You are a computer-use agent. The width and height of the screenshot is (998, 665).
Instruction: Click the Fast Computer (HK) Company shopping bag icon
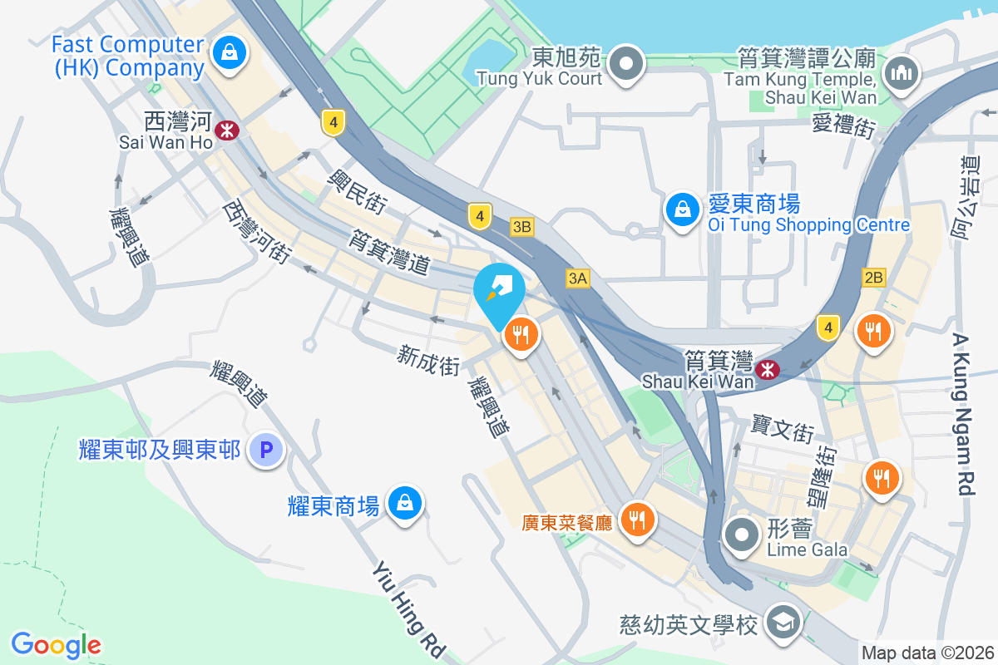(227, 52)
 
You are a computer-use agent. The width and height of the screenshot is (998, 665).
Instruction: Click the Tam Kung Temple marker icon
(900, 74)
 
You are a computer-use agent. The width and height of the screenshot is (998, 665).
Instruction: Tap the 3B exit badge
(521, 226)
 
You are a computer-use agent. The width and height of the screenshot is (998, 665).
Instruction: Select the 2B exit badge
(873, 278)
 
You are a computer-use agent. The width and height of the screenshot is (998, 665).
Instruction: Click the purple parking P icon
(266, 451)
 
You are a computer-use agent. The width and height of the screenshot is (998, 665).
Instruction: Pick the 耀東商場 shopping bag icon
(403, 502)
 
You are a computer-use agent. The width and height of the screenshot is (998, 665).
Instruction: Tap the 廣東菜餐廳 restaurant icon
(638, 520)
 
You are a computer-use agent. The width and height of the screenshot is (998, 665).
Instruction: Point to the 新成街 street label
(428, 361)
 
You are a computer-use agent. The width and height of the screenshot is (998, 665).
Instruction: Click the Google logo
(56, 644)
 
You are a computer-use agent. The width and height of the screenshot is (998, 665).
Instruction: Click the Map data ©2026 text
(927, 653)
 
